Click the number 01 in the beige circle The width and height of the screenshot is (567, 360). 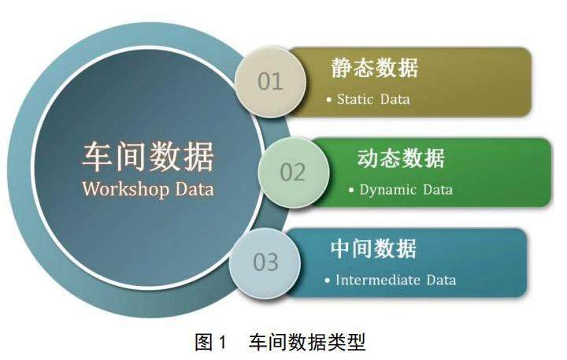[270, 81]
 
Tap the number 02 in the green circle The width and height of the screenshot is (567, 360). [292, 173]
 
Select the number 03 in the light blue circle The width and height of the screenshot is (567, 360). [266, 262]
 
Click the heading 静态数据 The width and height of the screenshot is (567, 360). [374, 68]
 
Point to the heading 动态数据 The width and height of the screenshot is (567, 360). [401, 158]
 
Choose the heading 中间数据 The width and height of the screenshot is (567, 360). [373, 249]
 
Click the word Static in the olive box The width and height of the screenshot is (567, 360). [355, 99]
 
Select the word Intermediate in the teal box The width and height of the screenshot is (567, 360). [377, 280]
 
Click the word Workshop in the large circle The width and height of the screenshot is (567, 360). [126, 189]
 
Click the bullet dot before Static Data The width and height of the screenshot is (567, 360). [328, 99]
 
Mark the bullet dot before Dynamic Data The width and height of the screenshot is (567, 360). [351, 190]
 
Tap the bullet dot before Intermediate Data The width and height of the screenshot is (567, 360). [328, 280]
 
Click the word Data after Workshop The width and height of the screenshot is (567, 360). [195, 189]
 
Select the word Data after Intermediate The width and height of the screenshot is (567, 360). [441, 280]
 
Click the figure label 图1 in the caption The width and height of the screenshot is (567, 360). [210, 342]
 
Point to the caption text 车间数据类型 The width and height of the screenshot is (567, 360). [306, 342]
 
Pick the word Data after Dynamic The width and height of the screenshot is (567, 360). [438, 190]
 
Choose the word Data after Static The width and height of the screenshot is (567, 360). [395, 99]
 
